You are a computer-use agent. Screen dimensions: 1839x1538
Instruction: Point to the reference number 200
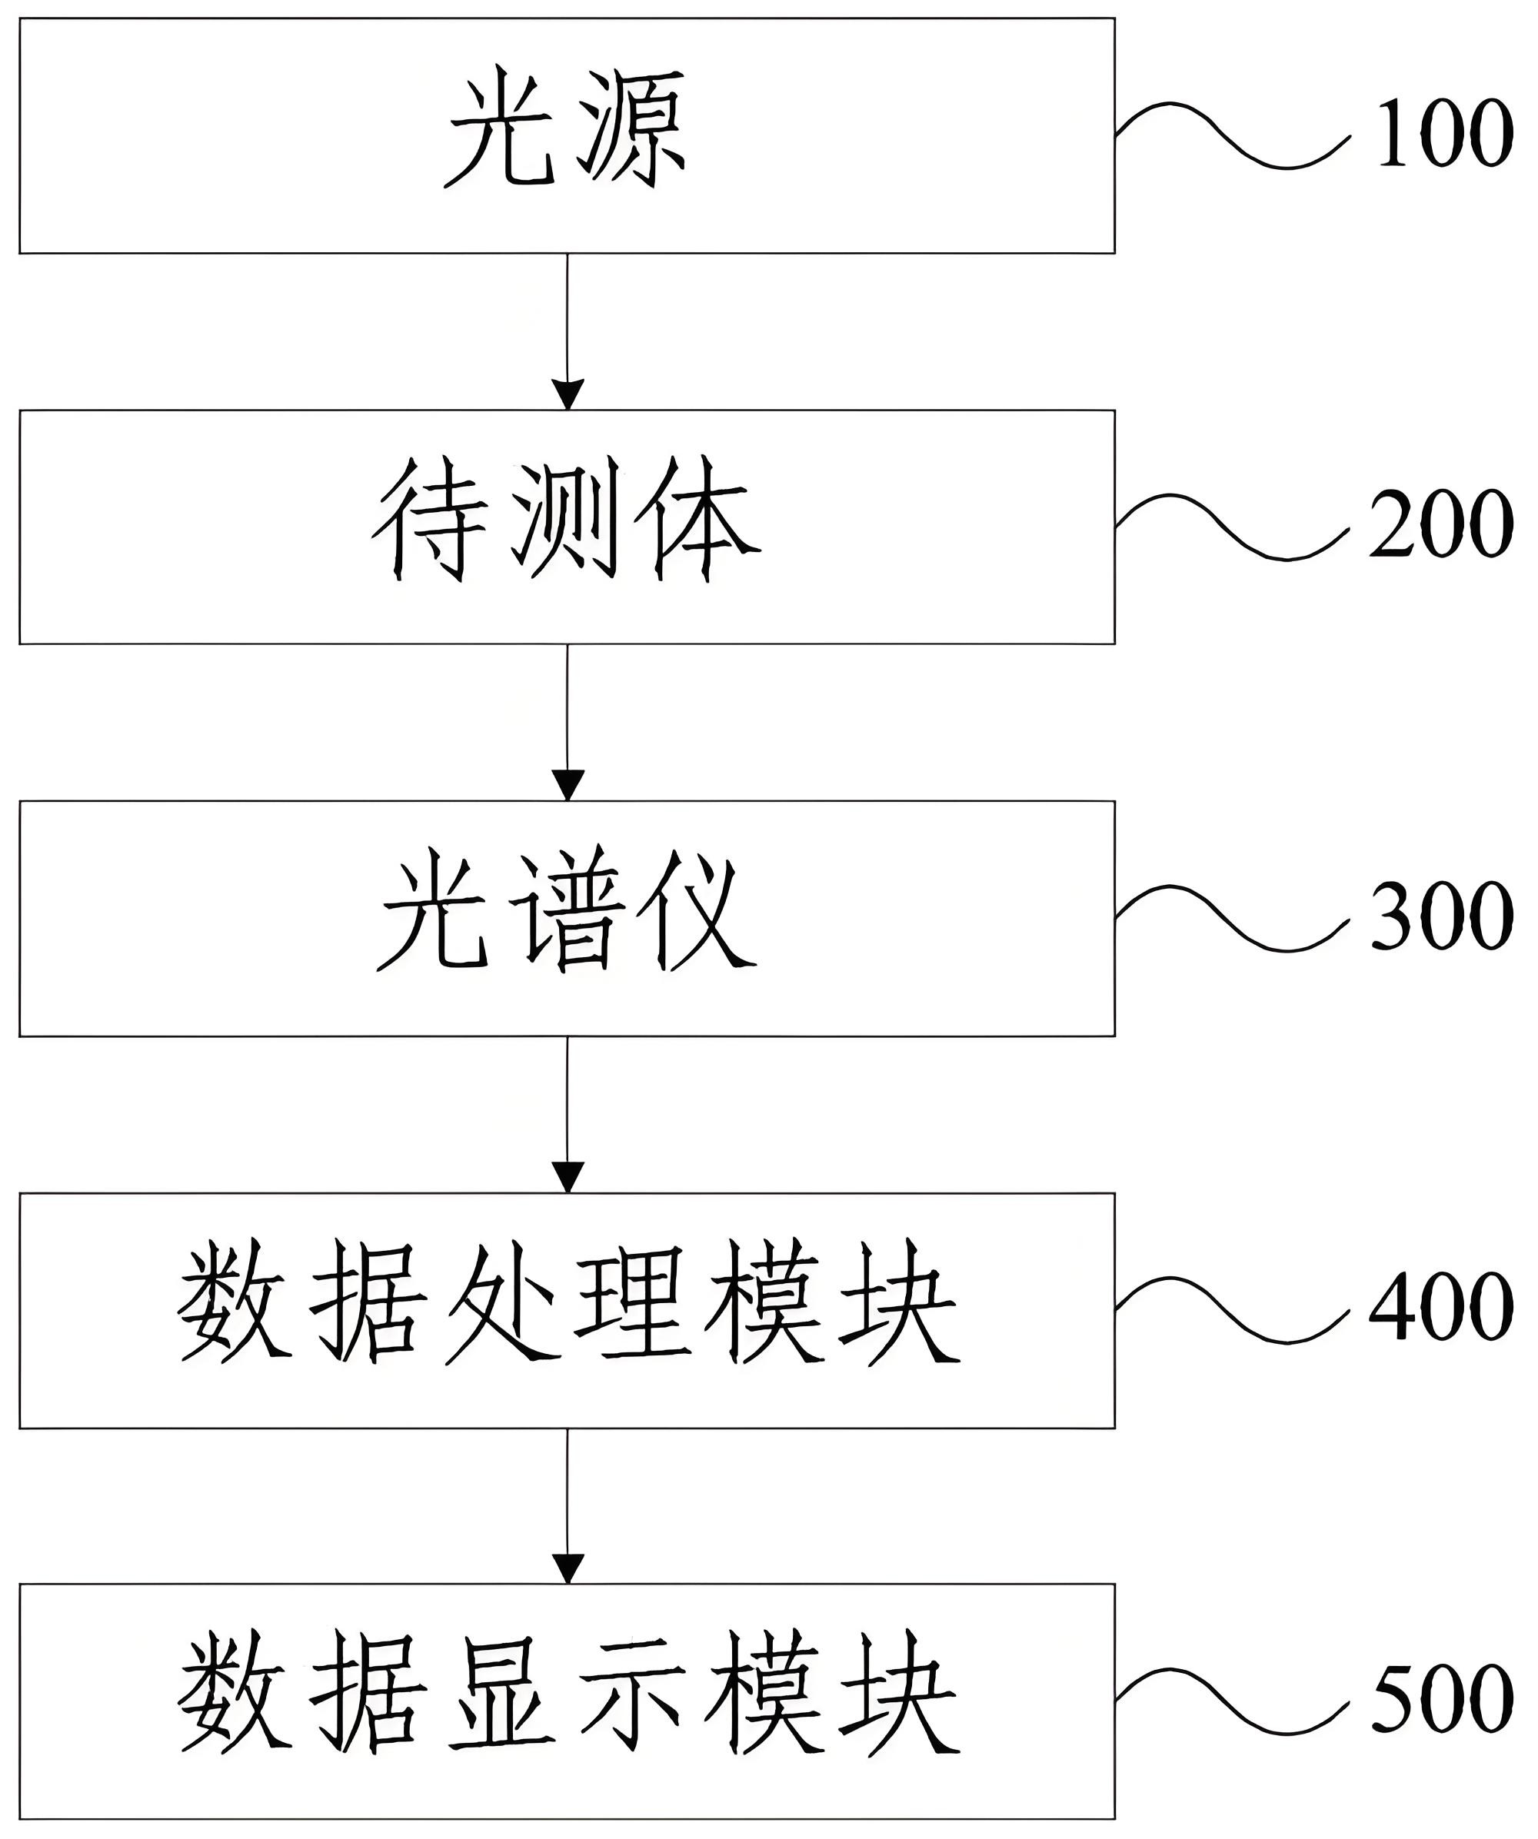[1442, 524]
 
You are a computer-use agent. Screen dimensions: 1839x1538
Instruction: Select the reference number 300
[1442, 916]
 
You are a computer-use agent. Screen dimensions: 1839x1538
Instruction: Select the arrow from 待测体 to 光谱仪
[568, 723]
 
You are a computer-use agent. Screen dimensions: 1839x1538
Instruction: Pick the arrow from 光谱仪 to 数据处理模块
[568, 1114]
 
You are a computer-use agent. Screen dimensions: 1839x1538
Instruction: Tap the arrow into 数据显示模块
[568, 1506]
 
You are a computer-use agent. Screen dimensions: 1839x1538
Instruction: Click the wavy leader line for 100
[1230, 136]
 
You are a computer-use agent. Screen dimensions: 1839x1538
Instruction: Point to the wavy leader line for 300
[1230, 919]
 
